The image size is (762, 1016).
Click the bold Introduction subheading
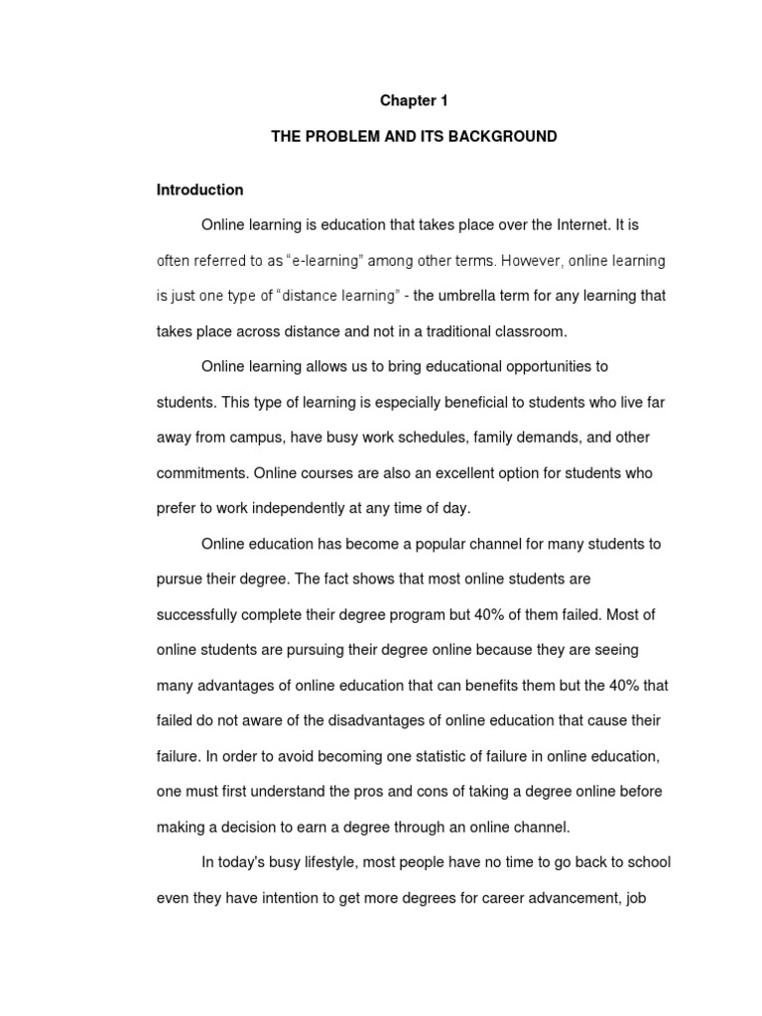coord(199,190)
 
